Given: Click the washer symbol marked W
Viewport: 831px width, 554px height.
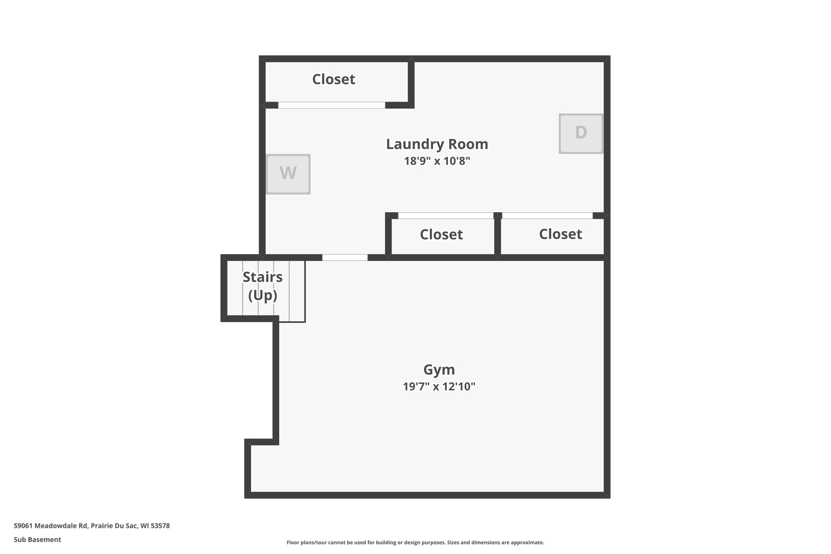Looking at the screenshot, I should coord(288,174).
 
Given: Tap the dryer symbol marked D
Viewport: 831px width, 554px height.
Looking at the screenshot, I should coord(581,133).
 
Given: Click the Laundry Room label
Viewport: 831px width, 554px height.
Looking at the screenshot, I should coord(437,144).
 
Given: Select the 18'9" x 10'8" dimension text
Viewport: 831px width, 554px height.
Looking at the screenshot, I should coord(437,161).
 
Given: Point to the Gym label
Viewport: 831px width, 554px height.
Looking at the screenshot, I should coord(439,370).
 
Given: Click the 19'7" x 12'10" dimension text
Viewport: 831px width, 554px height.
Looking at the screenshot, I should coord(439,386).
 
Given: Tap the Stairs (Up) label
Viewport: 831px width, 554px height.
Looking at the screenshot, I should coord(263,286).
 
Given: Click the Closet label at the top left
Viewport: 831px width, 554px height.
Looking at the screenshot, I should coord(334,79).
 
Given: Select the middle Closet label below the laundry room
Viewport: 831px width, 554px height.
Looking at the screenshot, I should coord(441,235).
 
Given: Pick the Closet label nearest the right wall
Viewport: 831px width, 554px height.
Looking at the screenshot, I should coord(560,234).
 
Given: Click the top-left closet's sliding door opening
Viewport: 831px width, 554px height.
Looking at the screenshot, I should coord(332,105).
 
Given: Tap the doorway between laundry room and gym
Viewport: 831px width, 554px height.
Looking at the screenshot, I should coord(345,257).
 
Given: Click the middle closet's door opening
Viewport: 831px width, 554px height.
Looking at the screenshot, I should coord(446,216).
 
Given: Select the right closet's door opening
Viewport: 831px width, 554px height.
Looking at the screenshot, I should coord(547,216).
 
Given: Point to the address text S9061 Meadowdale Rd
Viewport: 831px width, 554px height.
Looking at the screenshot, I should coord(51,526).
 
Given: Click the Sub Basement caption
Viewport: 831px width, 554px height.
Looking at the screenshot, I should coord(37,539).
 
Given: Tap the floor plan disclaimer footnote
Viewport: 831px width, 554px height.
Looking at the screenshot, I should coord(415,542).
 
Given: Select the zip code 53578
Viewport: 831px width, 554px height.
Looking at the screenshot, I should coord(160,526).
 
